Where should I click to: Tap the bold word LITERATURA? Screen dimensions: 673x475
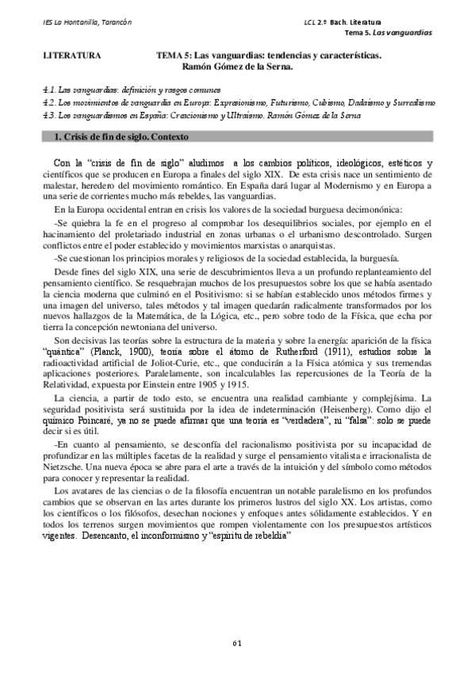(x=71, y=56)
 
